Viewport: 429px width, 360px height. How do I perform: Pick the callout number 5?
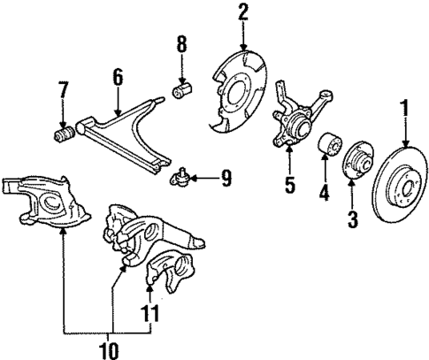tap(287, 187)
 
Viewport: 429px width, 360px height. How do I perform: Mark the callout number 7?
tap(63, 89)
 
